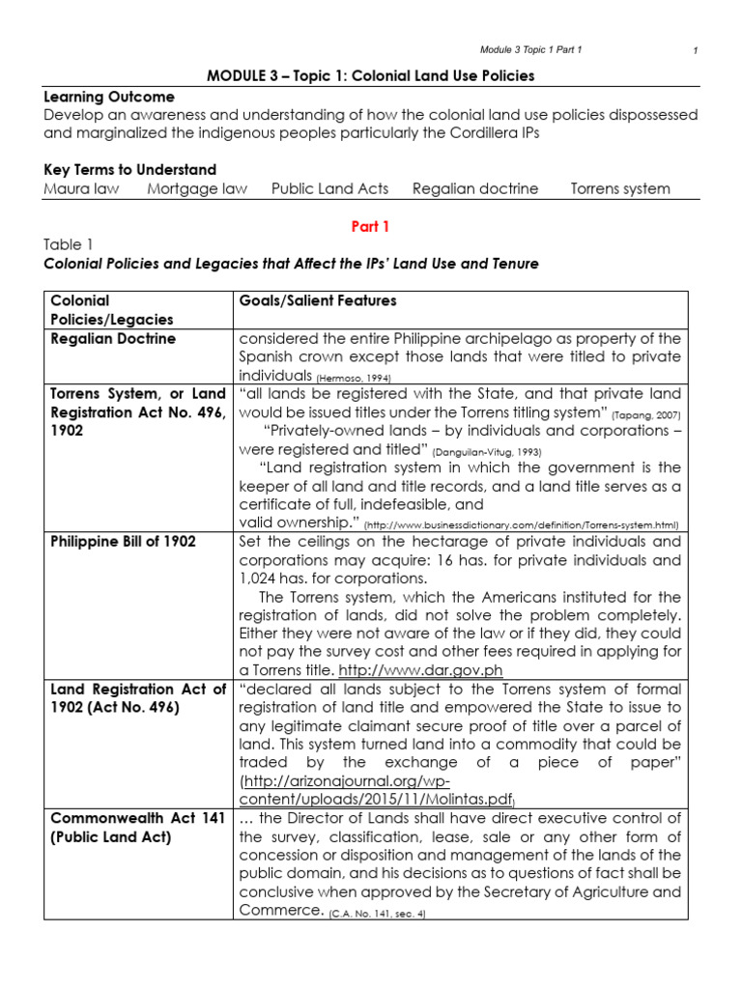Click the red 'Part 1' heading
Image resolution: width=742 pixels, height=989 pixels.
point(371,226)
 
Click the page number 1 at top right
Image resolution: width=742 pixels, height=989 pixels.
point(696,50)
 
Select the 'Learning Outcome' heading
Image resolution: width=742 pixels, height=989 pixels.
point(109,97)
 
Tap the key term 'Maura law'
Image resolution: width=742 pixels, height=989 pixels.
point(81,188)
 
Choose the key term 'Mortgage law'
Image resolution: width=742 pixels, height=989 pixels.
point(197,188)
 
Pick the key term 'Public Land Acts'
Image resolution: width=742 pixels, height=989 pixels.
point(329,188)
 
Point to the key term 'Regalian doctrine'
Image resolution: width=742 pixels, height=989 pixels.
point(475,188)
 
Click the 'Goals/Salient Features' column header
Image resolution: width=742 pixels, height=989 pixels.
point(317,301)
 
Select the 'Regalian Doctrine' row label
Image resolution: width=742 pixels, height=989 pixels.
point(112,339)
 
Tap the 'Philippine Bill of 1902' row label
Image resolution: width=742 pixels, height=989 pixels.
point(123,542)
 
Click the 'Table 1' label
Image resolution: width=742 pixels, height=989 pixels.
point(69,245)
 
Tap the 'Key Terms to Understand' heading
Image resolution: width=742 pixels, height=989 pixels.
point(129,170)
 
